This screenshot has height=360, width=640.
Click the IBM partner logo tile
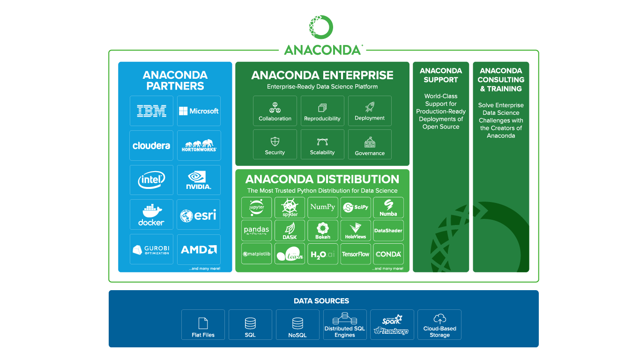click(151, 111)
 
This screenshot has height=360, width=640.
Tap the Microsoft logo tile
click(199, 111)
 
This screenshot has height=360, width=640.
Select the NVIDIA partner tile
click(199, 180)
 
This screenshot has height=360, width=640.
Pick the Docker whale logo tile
click(151, 215)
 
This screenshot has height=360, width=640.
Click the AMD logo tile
click(199, 249)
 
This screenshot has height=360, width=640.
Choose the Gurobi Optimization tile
click(151, 249)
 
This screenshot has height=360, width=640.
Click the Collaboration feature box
click(275, 111)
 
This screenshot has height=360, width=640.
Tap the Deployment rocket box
click(370, 111)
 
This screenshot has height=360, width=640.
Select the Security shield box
click(275, 145)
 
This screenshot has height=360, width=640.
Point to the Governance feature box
click(370, 145)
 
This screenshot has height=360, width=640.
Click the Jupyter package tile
click(257, 207)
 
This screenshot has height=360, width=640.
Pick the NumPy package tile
click(322, 207)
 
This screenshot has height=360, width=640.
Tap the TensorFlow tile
click(356, 254)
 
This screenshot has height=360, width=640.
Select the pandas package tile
click(257, 231)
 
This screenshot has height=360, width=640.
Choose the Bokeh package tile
click(322, 231)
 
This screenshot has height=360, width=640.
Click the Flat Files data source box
click(203, 324)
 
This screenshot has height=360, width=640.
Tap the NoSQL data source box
click(298, 324)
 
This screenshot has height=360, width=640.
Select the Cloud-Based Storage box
click(439, 324)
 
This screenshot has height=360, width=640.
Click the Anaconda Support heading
click(441, 75)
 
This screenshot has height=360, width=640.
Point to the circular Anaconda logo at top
click(321, 27)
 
